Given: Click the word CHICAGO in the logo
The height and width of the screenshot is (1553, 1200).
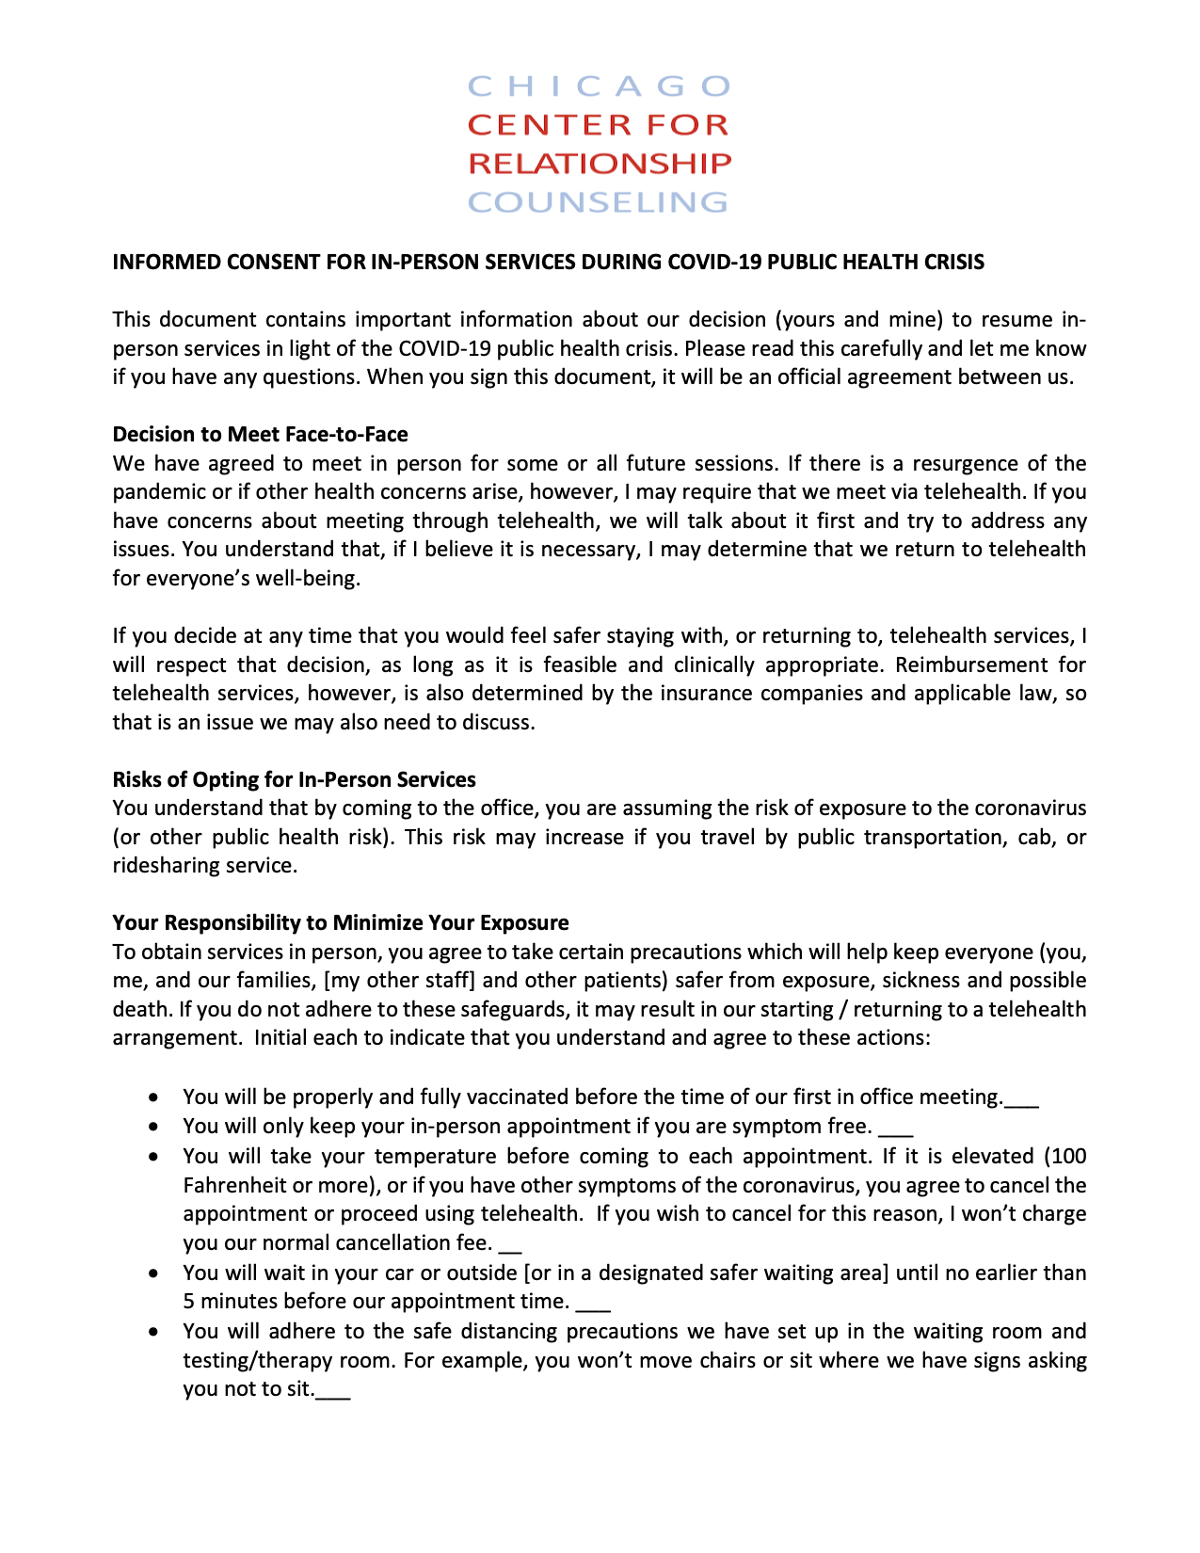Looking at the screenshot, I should coord(599,87).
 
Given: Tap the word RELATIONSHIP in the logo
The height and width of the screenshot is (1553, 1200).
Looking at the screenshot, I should coord(599,164).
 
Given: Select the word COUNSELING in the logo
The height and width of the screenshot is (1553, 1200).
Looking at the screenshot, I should coord(599,202).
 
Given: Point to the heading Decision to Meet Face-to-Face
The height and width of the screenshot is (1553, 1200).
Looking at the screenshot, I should coord(260,434).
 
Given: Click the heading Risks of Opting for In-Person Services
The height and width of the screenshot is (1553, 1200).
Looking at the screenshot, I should coord(294,779).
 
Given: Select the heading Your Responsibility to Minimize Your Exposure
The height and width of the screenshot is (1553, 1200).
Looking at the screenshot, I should coord(341,922).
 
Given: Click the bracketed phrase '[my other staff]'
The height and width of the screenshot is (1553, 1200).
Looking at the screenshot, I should coord(399,981).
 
